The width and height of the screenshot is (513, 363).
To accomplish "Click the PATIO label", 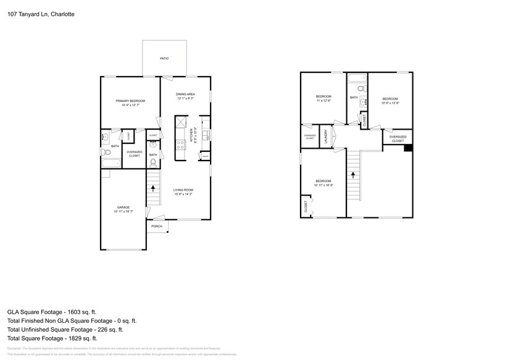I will (164, 59).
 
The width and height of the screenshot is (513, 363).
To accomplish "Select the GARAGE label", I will (123, 207).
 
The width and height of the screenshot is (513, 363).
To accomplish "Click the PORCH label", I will (156, 226).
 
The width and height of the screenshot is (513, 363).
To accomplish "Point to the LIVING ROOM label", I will (183, 190).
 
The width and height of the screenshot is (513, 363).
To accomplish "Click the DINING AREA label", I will (186, 94).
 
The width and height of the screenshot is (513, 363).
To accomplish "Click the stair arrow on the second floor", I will (353, 175).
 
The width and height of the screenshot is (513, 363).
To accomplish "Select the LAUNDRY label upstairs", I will (325, 136).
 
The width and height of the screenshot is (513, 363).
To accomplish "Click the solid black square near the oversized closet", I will (407, 148).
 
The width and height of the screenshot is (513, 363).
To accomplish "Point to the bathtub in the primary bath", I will (112, 164).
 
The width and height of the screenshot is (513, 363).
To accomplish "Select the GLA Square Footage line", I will (52, 312).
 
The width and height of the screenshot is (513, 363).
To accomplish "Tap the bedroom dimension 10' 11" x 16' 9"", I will (323, 185).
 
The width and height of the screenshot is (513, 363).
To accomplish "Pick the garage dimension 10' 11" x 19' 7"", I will (123, 212).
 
